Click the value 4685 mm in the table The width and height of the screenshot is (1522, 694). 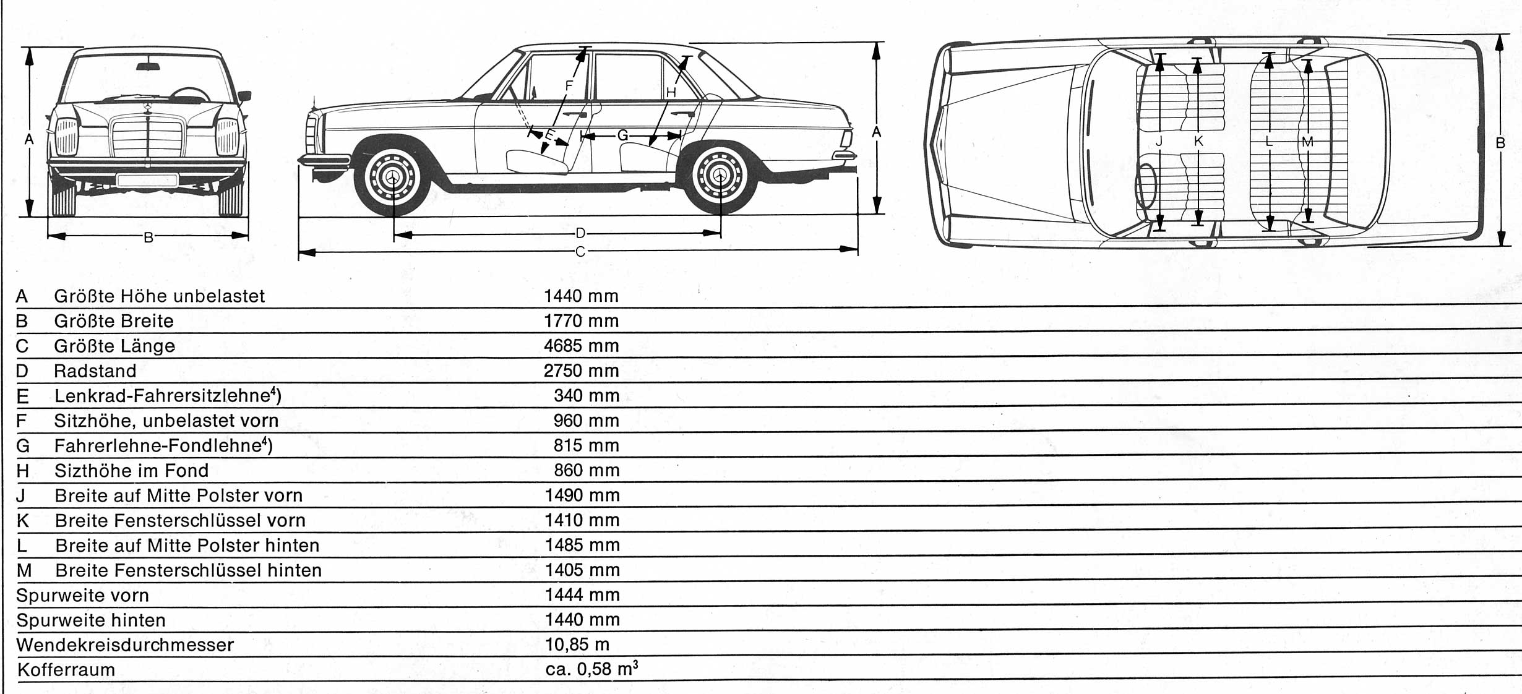(x=581, y=346)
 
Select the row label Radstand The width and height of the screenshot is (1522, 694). (x=95, y=371)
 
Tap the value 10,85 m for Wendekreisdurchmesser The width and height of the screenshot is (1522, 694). (x=577, y=645)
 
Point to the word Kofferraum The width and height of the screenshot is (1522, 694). (x=66, y=670)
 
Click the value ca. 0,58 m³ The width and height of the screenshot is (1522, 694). (x=591, y=669)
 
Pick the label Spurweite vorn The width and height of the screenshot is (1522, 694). (x=82, y=595)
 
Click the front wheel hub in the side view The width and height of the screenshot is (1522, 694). (x=392, y=178)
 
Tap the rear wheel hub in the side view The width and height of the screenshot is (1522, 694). (x=720, y=177)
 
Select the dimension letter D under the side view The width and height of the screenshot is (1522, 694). (x=580, y=233)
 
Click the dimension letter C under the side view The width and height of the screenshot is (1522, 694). (x=580, y=252)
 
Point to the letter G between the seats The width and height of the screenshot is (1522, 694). (x=623, y=135)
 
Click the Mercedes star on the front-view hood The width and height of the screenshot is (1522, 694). (x=148, y=108)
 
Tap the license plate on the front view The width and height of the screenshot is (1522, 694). (x=147, y=180)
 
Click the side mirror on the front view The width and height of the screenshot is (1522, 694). (x=244, y=96)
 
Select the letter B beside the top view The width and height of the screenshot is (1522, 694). (x=1500, y=143)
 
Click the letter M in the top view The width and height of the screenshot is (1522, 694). (x=1307, y=142)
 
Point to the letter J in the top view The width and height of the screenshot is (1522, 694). (x=1159, y=142)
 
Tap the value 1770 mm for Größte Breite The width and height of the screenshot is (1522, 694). (x=581, y=321)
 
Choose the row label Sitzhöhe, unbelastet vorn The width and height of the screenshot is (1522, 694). (x=166, y=421)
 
